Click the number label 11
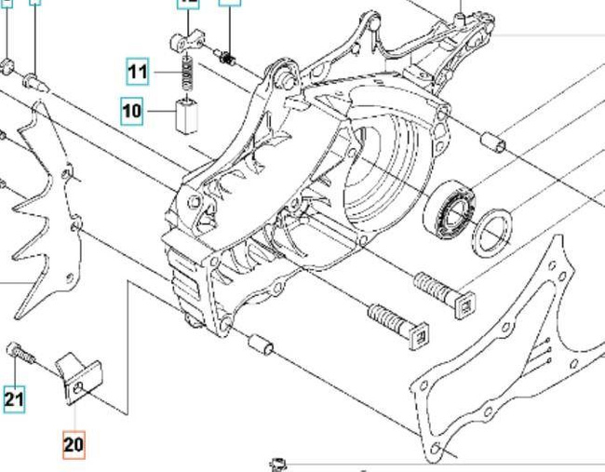138,71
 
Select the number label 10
131,112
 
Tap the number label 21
13,400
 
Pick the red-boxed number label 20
74,445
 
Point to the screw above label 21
20,355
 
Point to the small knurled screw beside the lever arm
227,59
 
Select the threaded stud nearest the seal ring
443,293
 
